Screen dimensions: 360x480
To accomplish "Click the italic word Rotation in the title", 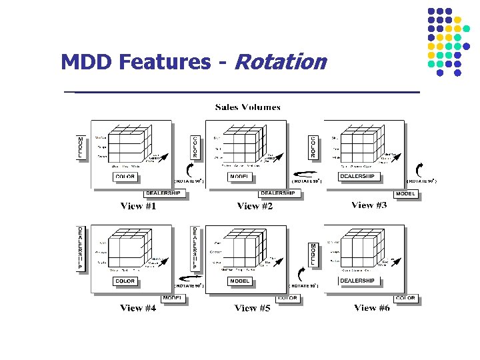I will tap(281, 62).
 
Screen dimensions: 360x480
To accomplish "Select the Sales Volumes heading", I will tap(247, 107).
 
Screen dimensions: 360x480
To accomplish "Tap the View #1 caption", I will tap(138, 206).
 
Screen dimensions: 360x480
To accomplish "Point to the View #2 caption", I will tap(255, 206).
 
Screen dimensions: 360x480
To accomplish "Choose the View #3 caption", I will tap(369, 205).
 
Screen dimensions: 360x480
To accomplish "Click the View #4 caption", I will tap(138, 308).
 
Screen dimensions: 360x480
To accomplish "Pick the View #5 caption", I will tap(252, 308).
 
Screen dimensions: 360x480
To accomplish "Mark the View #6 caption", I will tap(372, 307).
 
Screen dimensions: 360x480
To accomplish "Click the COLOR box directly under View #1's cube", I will tap(125, 177).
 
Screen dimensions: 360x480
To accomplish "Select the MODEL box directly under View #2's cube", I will tap(239, 177).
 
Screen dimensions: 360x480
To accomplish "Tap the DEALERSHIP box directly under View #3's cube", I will tap(358, 177).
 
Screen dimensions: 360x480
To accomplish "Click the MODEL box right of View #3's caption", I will tap(406, 194).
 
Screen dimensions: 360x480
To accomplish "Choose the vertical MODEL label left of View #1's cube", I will tap(81, 148).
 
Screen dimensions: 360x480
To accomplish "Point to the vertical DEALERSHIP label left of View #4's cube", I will tap(81, 247).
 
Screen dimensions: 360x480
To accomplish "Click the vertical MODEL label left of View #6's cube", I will tap(313, 254).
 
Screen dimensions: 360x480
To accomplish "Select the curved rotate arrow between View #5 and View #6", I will tap(304, 273).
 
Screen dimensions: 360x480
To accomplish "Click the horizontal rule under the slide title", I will tap(241, 91).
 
